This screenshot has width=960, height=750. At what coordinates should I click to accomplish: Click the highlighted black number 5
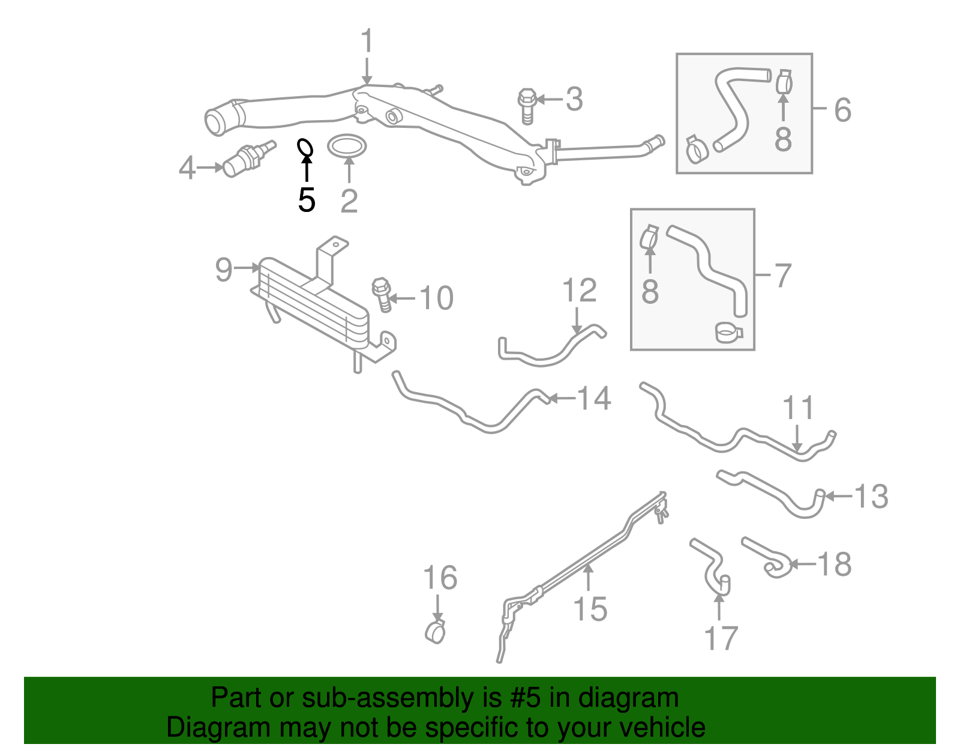307,200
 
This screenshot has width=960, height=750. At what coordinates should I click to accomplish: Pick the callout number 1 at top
367,42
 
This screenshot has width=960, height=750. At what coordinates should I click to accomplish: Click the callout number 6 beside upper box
842,110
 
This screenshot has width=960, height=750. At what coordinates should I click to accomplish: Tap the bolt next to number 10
382,294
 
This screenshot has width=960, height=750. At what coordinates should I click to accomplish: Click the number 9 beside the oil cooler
223,270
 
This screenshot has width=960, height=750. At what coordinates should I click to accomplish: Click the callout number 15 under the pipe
590,608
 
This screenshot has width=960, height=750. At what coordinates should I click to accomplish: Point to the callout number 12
580,291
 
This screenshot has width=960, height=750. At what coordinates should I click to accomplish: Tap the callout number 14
593,398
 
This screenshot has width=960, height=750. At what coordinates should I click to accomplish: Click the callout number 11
799,408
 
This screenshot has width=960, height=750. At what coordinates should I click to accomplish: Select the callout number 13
871,497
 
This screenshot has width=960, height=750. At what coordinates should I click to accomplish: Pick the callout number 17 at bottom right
721,638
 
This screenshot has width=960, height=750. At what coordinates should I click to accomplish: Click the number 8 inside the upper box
783,138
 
